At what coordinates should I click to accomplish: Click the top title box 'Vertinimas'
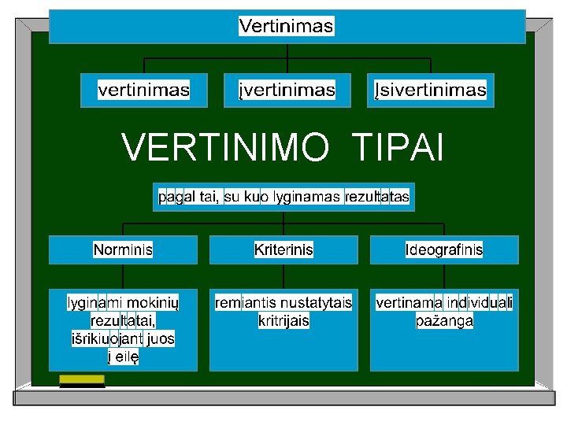click(x=287, y=26)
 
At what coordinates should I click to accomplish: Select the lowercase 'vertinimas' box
click(x=143, y=90)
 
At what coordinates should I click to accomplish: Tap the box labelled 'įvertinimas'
click(x=287, y=90)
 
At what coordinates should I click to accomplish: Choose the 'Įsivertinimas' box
click(x=430, y=90)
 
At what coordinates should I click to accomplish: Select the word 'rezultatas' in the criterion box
click(x=377, y=197)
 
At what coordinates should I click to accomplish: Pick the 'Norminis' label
click(x=123, y=249)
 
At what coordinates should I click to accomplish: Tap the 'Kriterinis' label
click(x=283, y=249)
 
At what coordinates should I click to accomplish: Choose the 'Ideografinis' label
click(x=444, y=249)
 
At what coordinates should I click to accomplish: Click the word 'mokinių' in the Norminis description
click(x=154, y=302)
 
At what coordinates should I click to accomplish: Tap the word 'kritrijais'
click(x=283, y=321)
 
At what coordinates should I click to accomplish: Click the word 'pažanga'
click(x=444, y=321)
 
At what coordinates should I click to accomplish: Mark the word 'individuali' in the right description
click(x=480, y=302)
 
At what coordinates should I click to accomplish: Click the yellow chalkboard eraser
click(x=82, y=380)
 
